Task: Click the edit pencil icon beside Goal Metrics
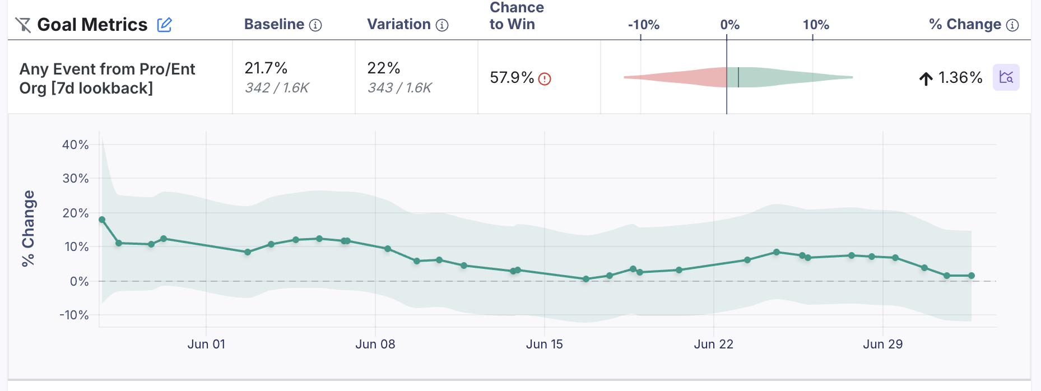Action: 164,25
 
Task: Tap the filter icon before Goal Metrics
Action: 23,25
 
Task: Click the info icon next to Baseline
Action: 315,25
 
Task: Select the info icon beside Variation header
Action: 442,25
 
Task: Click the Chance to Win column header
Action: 516,16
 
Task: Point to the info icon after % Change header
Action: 1012,25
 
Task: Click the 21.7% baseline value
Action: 266,68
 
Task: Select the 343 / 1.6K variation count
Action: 399,88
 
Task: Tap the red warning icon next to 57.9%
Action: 545,79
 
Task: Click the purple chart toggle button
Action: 1006,77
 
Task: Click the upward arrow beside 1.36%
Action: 926,78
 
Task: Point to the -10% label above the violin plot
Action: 643,25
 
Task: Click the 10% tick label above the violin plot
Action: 815,25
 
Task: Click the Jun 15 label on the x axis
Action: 544,344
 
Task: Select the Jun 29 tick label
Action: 882,344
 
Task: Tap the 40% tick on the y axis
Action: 76,145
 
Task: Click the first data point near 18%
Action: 102,220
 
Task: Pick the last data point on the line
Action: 972,276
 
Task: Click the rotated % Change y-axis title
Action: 28,228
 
